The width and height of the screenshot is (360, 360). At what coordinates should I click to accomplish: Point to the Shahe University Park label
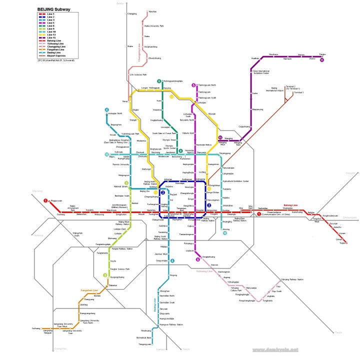tap(154, 25)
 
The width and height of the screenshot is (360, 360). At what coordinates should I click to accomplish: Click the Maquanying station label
tap(257, 109)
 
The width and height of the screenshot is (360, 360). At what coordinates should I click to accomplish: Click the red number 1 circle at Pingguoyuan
tap(45, 200)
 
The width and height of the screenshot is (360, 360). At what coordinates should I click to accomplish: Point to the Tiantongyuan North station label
tap(206, 85)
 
